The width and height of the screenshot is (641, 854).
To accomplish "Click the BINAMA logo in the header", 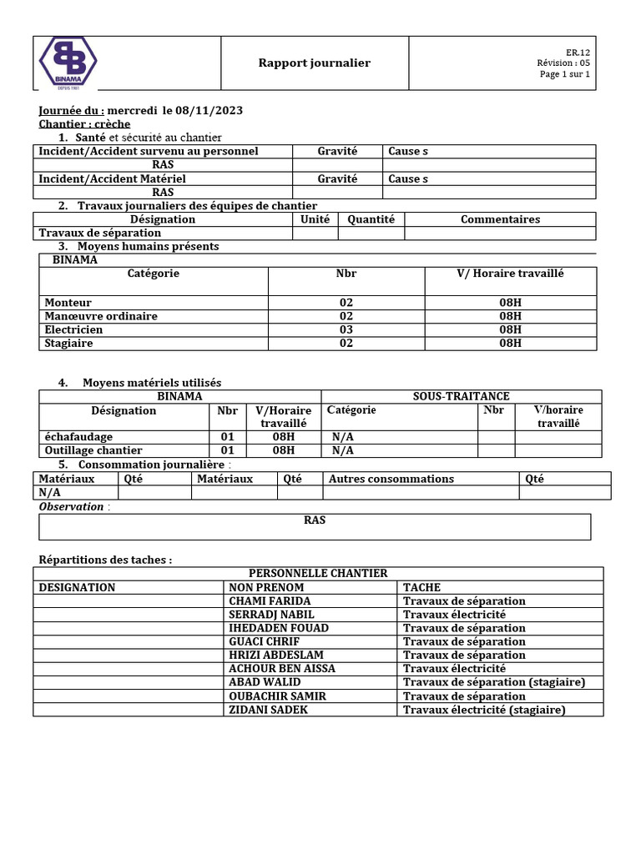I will tap(68, 63).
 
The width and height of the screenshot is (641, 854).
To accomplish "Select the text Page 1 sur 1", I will tap(565, 74).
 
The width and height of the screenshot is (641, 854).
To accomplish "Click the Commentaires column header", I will tap(500, 219).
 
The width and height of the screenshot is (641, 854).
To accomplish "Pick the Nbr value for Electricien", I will tap(346, 329).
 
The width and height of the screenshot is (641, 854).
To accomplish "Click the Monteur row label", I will tap(68, 303).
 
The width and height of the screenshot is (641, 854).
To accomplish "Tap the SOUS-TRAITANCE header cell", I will tap(461, 396).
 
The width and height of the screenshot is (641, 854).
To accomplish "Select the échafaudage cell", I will tap(78, 436).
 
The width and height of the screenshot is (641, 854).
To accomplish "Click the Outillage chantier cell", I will tap(93, 450).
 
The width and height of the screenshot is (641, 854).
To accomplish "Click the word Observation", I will tap(72, 506).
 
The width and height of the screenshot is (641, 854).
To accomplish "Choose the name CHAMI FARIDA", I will tap(270, 600).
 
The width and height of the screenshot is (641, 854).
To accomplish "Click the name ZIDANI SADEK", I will tap(268, 710).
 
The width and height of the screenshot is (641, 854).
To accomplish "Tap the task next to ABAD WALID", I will tap(494, 682).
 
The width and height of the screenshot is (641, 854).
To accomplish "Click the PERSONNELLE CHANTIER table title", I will tap(318, 573).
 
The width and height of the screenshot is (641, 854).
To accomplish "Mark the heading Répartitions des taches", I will tap(106, 560).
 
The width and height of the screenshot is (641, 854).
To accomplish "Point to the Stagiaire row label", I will tap(68, 343).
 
